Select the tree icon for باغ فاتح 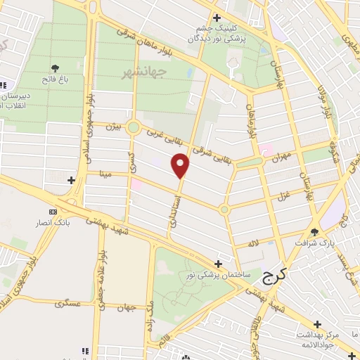[55, 68]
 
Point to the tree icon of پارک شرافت [314, 232]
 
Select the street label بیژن [113, 127]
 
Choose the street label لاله [252, 243]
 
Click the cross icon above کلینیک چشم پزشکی [217, 18]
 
